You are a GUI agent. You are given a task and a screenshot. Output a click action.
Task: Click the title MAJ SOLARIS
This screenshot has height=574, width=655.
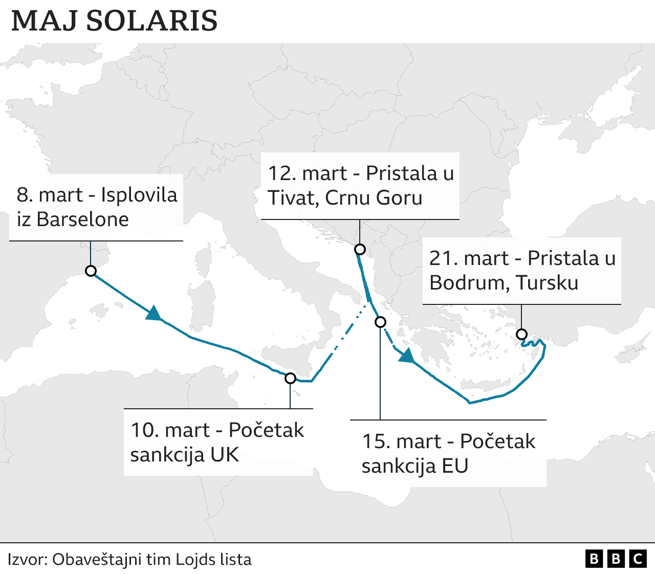(x=114, y=20)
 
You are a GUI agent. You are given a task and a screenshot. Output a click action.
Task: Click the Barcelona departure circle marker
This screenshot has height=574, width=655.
(x=91, y=271)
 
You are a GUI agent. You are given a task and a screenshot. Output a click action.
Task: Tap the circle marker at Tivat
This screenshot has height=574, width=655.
(x=360, y=249)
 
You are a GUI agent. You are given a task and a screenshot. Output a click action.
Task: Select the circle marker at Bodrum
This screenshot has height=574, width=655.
(x=521, y=334)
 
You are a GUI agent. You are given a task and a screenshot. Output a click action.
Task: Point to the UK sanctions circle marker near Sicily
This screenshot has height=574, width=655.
(x=290, y=378)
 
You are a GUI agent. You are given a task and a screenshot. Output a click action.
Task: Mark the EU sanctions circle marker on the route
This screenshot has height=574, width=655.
(x=380, y=322)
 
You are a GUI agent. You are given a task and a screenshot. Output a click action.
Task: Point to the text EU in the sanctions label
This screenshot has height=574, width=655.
(x=455, y=466)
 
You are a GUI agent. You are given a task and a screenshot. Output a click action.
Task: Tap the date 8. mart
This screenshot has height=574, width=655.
(x=49, y=194)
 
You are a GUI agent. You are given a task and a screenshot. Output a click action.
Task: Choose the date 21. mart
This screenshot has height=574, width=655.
(x=469, y=258)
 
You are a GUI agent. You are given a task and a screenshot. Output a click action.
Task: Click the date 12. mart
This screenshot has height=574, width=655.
(x=308, y=173)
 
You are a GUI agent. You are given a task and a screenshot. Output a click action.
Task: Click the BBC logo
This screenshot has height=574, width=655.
(x=616, y=559)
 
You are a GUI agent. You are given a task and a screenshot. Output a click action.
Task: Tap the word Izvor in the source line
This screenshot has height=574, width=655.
(x=26, y=559)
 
